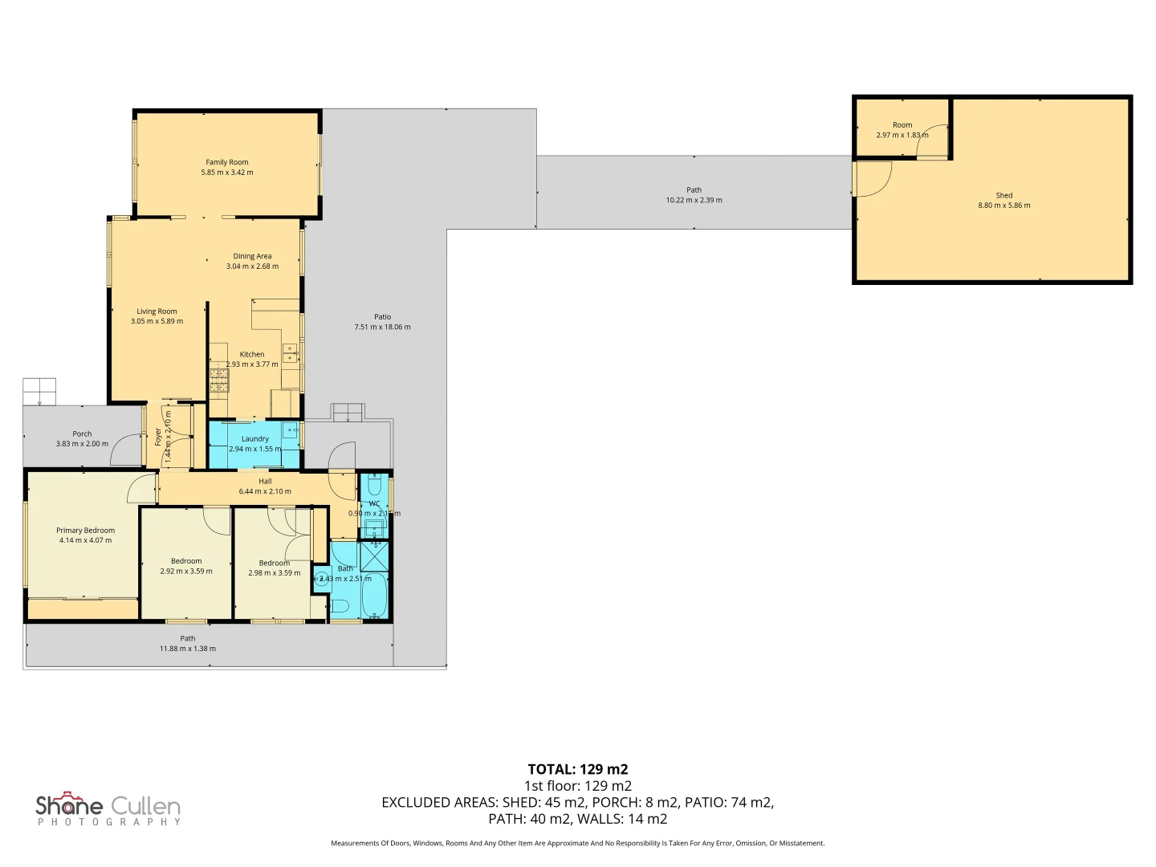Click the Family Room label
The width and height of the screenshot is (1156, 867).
click(227, 162)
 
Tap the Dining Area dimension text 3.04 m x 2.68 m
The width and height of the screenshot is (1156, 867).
click(252, 267)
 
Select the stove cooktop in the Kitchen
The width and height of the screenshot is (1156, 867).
click(219, 381)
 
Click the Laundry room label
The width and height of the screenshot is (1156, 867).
click(255, 439)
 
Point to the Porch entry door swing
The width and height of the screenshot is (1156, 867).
click(125, 450)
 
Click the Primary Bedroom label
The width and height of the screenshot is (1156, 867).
click(85, 531)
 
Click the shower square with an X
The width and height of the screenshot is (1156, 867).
click(374, 556)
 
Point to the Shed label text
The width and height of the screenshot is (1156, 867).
click(1004, 196)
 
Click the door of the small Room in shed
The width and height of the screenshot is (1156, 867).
click(932, 141)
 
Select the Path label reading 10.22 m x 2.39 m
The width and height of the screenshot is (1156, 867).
click(694, 200)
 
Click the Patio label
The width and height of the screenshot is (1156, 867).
click(382, 317)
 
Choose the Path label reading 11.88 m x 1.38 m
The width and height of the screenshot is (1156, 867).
click(187, 649)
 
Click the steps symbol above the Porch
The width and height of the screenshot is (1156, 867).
click(39, 392)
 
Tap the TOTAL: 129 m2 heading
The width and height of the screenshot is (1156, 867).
click(577, 769)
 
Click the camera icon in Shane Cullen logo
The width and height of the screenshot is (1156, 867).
click(71, 798)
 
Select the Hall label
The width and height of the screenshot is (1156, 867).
click(265, 482)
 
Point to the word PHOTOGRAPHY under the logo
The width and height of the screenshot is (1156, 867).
click(109, 822)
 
